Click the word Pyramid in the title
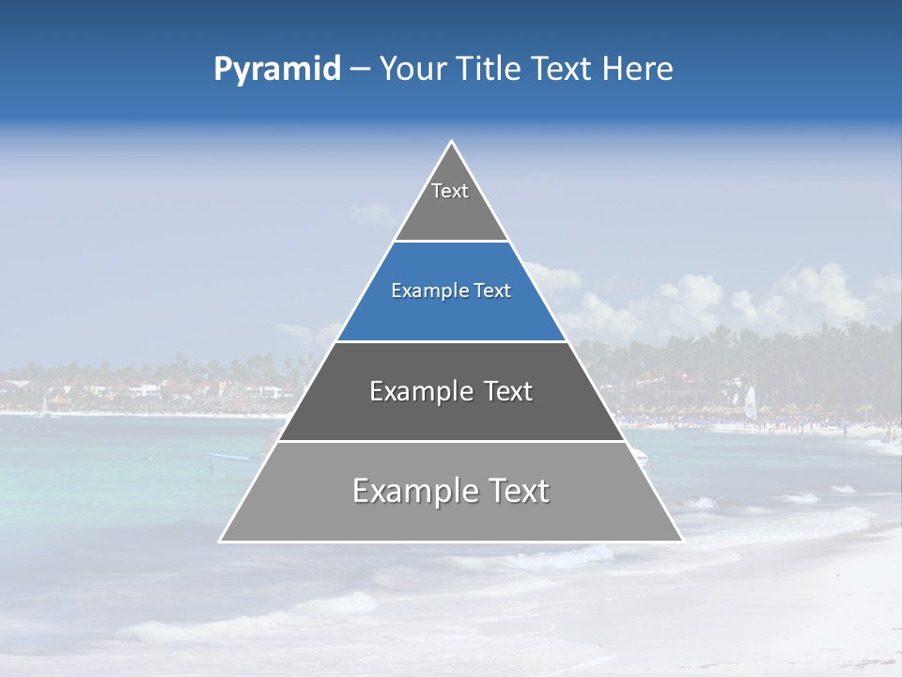(277, 70)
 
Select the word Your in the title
(412, 70)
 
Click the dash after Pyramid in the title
(360, 70)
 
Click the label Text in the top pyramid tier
(450, 191)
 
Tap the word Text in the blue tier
(492, 291)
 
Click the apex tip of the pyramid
(451, 142)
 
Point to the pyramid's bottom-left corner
(221, 541)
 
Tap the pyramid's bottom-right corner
(682, 541)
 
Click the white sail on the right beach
(750, 403)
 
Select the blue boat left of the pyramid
(230, 457)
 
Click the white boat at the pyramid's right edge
(640, 458)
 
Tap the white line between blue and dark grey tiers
(451, 341)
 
